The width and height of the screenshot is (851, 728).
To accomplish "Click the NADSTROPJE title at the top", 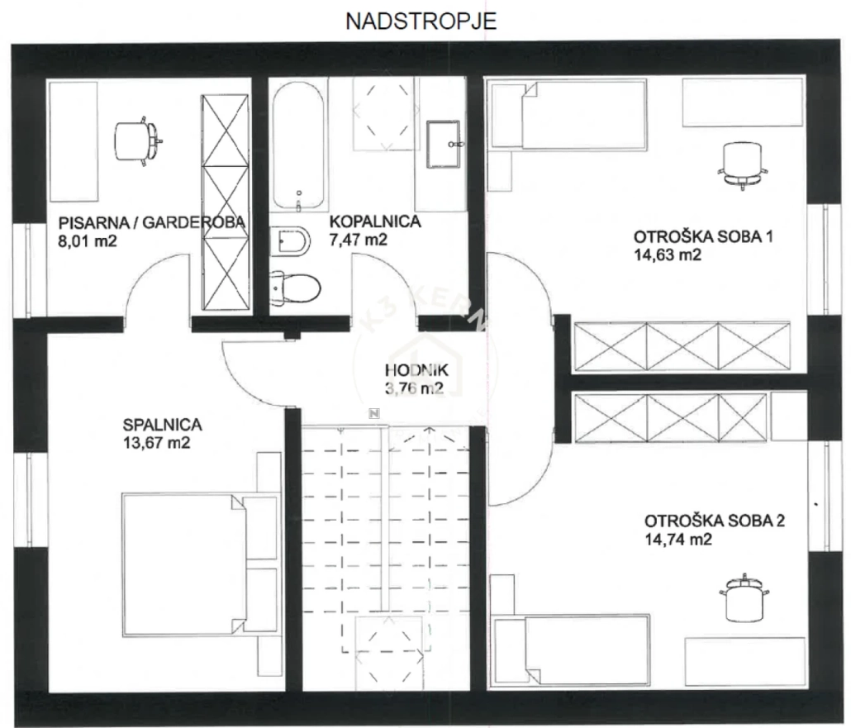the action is pos(421,21).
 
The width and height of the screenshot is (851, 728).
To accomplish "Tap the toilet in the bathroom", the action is pos(295,287).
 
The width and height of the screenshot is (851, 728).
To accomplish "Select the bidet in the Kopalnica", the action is pos(290,241).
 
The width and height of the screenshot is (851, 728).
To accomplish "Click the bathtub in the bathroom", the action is pos(298,146).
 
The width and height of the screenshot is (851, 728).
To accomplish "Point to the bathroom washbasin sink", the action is pos(443,143).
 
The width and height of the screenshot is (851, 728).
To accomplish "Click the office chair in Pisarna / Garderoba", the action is pos(138,140).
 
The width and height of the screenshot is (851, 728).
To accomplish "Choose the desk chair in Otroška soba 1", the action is pos(743,164).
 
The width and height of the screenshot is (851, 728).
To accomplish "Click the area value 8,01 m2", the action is pos(88,240).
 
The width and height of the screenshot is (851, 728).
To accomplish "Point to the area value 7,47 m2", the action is pos(359,240).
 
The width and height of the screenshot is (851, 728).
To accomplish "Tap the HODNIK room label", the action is pos(416,370).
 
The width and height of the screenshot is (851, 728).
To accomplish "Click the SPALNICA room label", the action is pos(162,425).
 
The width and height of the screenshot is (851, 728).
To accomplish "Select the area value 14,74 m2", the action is pos(677,540).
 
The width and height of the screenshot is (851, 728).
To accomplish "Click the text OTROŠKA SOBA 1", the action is pos(703,236).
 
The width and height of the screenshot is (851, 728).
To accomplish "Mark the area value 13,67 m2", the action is pos(157,442).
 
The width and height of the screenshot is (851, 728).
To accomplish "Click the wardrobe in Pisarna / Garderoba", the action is pos(226,202).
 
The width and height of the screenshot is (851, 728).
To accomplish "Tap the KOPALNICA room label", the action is pos(375,221).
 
